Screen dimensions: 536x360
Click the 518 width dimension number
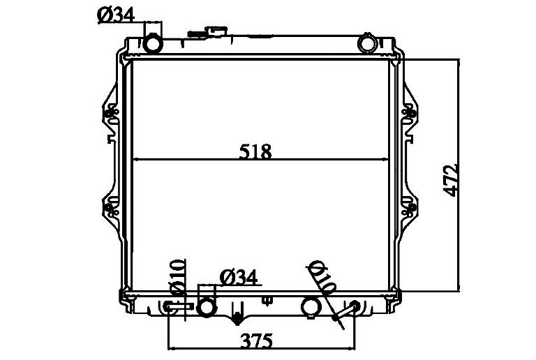point(255,151)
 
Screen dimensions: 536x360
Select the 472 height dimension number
point(451,180)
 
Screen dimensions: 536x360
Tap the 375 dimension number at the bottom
point(257,340)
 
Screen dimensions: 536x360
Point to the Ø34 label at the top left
point(116,15)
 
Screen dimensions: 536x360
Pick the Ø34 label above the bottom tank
point(238,278)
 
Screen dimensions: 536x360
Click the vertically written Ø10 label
point(178,277)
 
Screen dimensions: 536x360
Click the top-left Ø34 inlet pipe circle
point(152,43)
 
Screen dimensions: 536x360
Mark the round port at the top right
point(366,44)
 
